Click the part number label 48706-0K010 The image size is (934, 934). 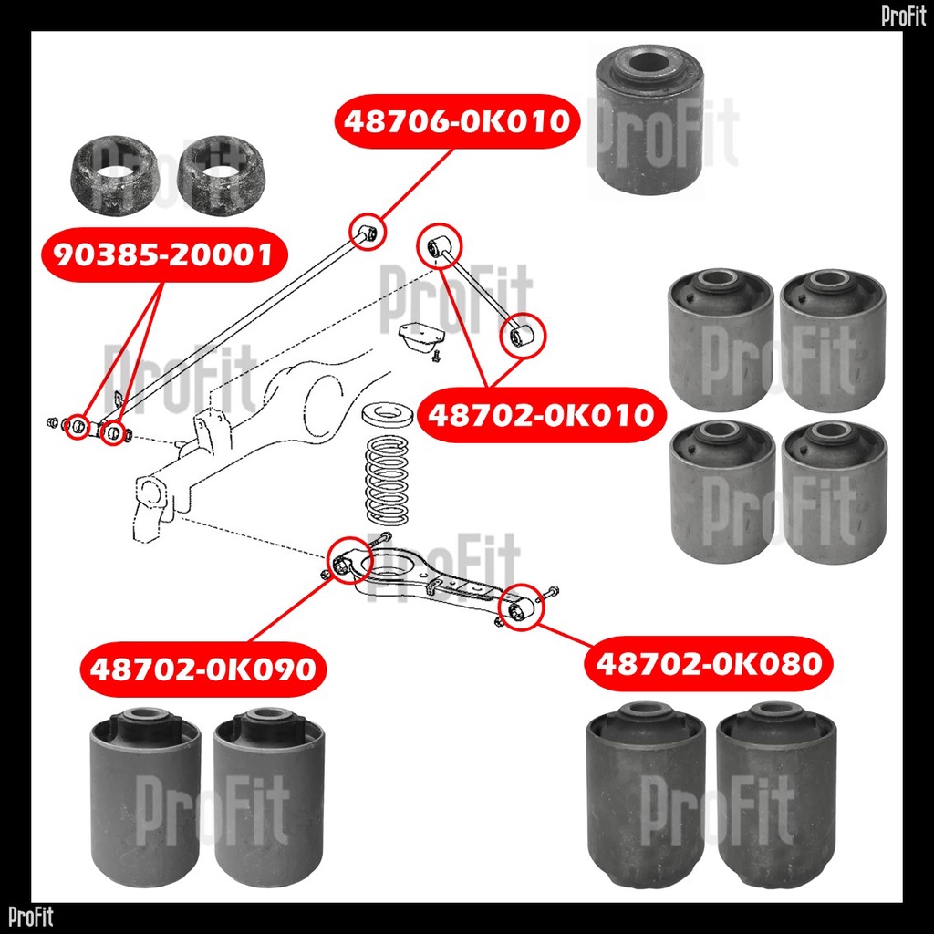[458, 120]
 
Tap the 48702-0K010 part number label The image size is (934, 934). [542, 416]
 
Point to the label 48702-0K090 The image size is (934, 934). [202, 669]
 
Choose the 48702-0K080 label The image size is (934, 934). [710, 662]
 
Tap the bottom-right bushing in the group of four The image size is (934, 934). [834, 493]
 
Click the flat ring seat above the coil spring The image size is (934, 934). [389, 416]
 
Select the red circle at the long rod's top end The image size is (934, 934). [369, 233]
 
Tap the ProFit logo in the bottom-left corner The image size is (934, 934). [31, 917]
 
